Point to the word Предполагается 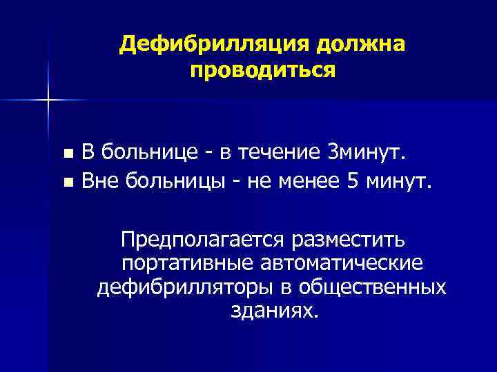[204, 242]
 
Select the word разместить [351, 242]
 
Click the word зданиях [274, 310]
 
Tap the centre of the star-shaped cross [49, 101]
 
